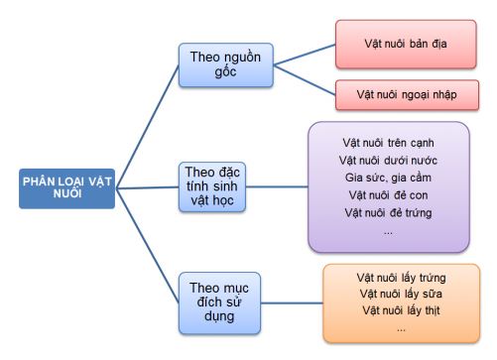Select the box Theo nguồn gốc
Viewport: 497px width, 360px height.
(224, 64)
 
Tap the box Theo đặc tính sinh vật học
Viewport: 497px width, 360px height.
(213, 187)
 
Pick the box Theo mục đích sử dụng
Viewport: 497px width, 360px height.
(217, 302)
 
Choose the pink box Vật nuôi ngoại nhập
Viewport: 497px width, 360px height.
(406, 96)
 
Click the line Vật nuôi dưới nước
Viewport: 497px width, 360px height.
(388, 159)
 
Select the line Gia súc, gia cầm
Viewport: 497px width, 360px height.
(388, 177)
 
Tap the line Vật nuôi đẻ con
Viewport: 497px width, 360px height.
(388, 194)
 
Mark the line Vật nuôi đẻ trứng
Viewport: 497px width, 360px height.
(388, 212)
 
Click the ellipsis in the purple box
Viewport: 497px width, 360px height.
(388, 231)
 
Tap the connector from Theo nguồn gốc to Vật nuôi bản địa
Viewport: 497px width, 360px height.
(304, 53)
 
